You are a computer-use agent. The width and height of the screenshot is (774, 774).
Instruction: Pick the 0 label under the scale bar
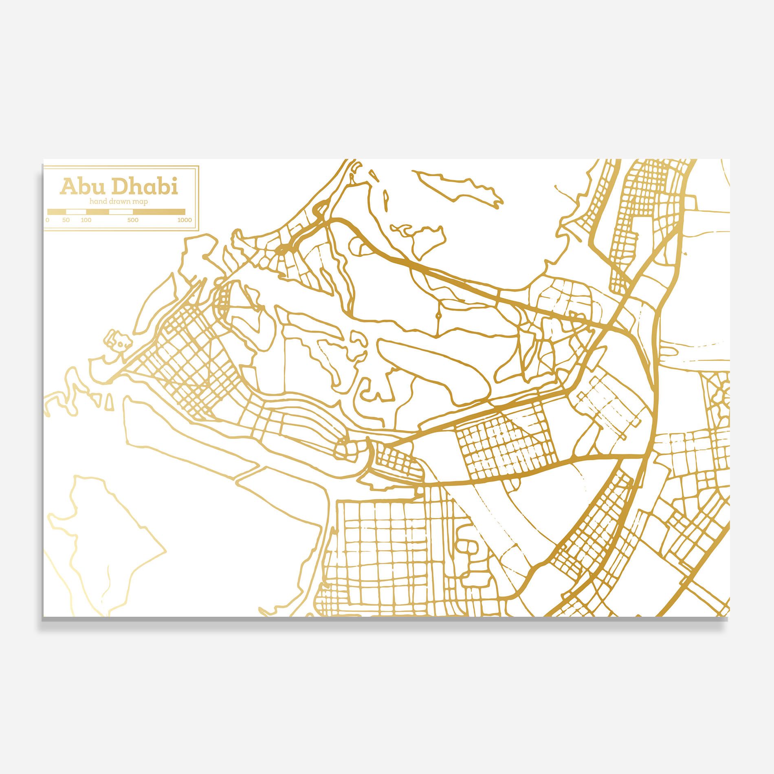[48, 220]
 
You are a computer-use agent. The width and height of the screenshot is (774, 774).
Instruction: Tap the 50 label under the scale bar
[66, 220]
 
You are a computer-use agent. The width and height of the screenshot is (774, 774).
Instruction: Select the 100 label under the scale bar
[86, 220]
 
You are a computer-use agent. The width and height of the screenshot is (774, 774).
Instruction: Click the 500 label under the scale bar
[133, 220]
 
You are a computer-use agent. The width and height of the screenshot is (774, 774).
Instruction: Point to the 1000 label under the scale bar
[184, 220]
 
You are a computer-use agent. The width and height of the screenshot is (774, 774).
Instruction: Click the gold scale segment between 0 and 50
[57, 212]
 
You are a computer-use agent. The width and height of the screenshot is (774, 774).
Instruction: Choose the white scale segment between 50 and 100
[76, 212]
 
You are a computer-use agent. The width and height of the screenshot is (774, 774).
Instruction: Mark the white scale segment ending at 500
[121, 212]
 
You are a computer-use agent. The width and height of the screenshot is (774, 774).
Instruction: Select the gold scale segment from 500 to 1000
[159, 212]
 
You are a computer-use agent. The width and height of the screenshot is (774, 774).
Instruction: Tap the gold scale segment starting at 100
[97, 212]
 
